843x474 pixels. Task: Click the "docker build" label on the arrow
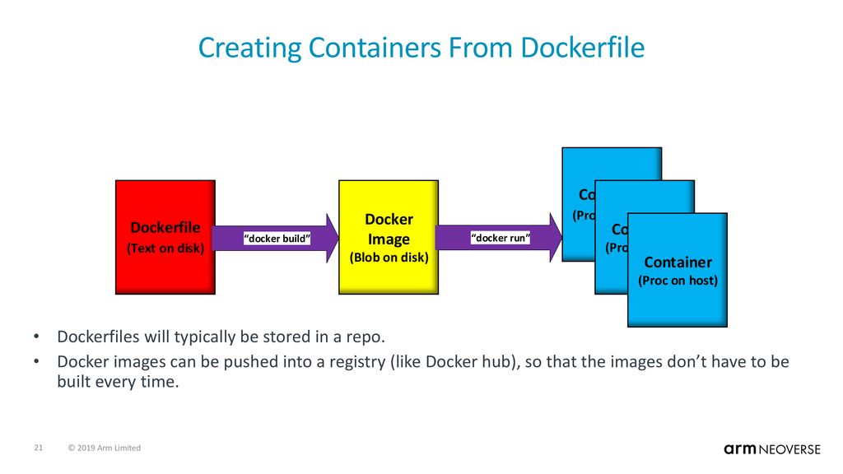coord(277,239)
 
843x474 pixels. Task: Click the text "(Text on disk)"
coord(165,248)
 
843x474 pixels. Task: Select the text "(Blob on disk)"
coord(389,257)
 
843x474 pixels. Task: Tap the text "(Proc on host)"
coord(678,281)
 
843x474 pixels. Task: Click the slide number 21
coord(38,448)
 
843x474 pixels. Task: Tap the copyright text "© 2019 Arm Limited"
coord(105,448)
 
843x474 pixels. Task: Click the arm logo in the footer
coord(740,448)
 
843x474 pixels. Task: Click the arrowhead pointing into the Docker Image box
coord(329,238)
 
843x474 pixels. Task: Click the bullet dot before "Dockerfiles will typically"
coord(37,338)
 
